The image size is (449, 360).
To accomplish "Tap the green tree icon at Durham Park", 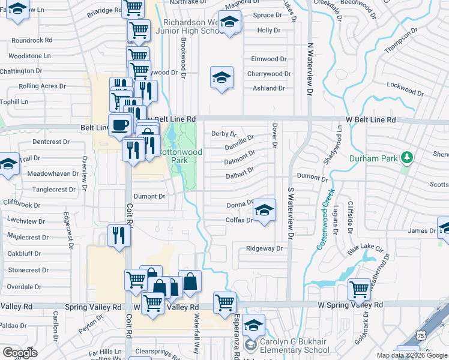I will click(408, 157).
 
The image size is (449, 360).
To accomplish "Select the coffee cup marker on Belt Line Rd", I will click(120, 125).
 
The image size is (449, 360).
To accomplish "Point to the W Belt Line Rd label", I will click(370, 120).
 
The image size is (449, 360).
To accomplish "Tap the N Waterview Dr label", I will click(310, 70).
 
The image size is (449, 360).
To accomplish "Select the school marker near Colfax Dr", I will click(264, 210).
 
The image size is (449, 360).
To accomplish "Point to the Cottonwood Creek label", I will click(324, 221).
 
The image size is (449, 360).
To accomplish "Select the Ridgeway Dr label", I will click(264, 248).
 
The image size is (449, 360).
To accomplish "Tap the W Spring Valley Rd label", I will click(350, 305).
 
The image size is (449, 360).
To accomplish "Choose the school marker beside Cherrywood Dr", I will click(221, 77).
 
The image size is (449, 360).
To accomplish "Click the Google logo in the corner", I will click(20, 353).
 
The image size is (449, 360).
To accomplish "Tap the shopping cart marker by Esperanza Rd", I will click(224, 302).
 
